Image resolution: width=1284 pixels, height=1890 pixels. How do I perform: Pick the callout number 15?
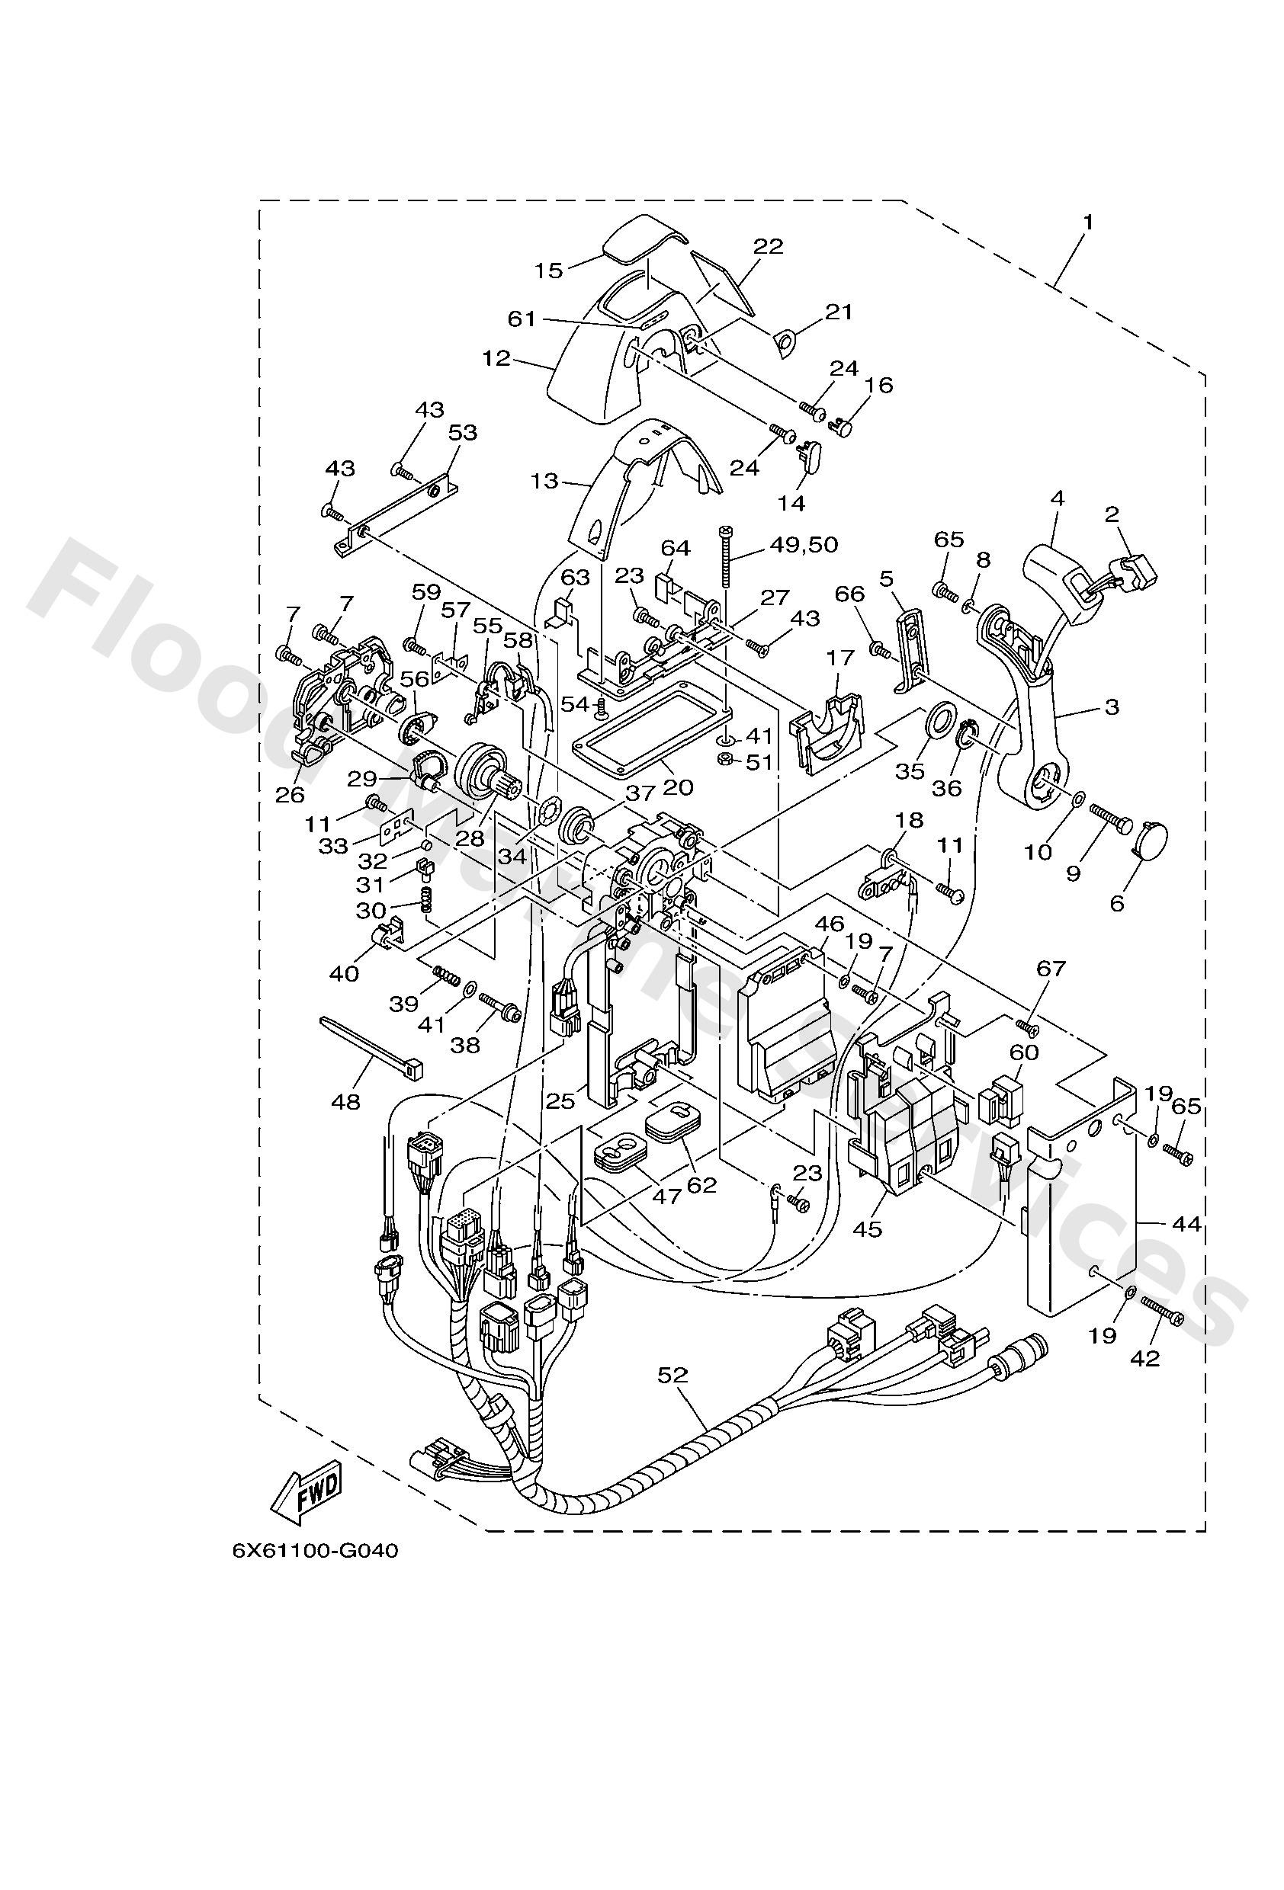coord(549,270)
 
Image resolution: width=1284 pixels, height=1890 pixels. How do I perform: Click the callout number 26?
coord(290,794)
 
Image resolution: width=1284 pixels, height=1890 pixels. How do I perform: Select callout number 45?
coord(868,1228)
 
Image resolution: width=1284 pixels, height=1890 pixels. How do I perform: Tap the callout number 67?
coord(1051,969)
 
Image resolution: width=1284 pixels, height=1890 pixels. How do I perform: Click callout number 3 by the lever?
coord(1112,706)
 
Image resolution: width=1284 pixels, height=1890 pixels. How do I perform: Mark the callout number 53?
coord(462,433)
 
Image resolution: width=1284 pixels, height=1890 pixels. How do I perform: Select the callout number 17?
coord(840,657)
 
